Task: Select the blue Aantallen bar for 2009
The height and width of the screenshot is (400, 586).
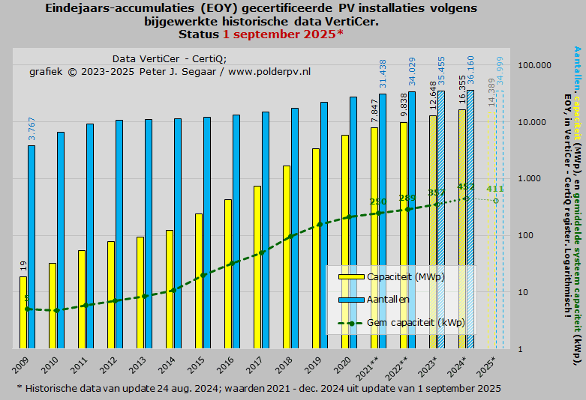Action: (x=31, y=247)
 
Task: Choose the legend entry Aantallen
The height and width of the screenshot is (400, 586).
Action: (x=388, y=299)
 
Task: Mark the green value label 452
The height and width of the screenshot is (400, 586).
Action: (x=466, y=187)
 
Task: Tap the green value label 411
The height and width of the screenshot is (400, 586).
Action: (x=494, y=189)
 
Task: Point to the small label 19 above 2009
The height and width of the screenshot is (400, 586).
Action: (x=23, y=265)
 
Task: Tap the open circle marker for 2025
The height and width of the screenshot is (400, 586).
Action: (x=495, y=201)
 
